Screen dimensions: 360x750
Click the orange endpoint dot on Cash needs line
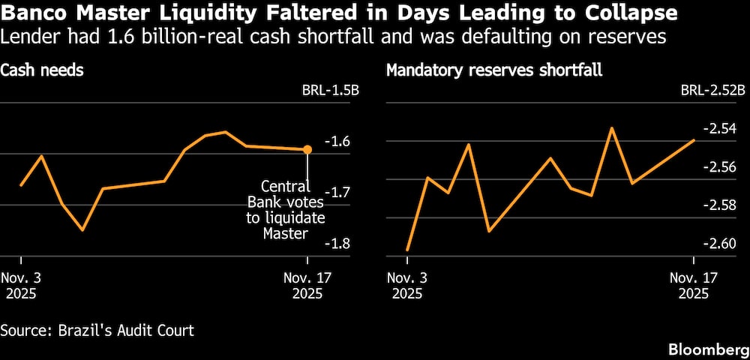click(307, 149)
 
